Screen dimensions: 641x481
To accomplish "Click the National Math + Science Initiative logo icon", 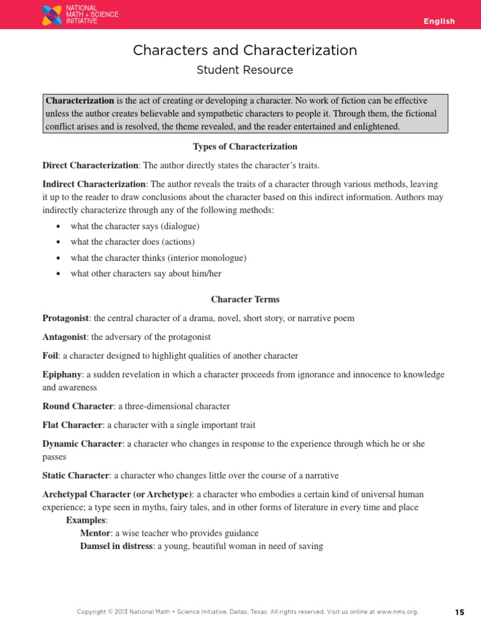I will coord(51,15).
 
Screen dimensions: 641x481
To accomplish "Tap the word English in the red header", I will coord(439,21).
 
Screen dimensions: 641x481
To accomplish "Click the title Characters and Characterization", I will coord(245,50).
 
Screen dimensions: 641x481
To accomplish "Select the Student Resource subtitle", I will coord(245,70).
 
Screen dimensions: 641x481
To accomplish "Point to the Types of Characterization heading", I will coord(245,147).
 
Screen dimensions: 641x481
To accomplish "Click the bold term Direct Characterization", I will coord(90,166).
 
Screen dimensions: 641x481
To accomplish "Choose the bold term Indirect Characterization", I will coord(94,185).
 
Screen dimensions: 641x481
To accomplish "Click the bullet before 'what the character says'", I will coord(58,226).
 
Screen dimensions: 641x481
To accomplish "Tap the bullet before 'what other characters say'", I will coord(58,274).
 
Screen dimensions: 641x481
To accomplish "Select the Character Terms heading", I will coord(245,299).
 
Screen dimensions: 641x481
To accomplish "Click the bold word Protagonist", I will coord(66,318).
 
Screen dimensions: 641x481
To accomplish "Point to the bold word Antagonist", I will coord(65,337).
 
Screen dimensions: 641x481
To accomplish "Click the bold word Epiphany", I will coord(62,374).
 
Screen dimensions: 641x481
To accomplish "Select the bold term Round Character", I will coord(78,406).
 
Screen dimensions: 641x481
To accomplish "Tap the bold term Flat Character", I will coord(72,425).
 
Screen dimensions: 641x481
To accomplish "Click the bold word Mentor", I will coord(95,533).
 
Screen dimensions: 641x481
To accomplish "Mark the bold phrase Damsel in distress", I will coord(116,546).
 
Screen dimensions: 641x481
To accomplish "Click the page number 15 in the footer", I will coord(460,612).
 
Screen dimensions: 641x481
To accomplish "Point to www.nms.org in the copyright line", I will coord(396,612).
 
